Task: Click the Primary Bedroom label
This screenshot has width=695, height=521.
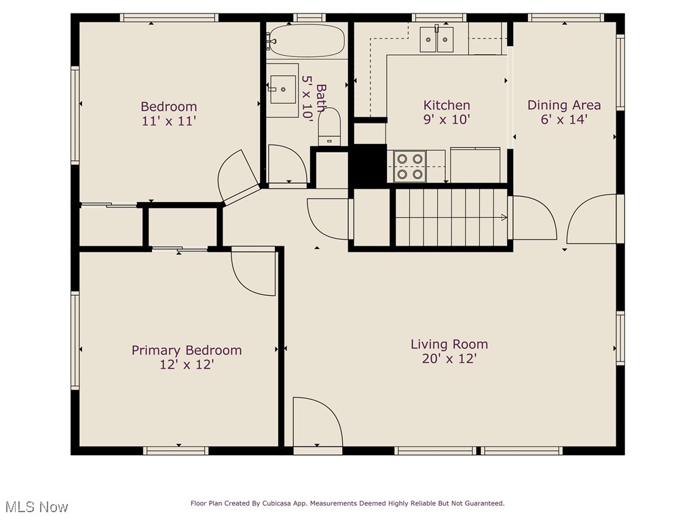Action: [x=187, y=350]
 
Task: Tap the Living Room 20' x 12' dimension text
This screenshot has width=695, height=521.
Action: [x=449, y=358]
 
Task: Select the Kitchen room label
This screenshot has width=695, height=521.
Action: [x=447, y=105]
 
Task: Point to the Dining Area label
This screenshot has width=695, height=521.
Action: [x=564, y=105]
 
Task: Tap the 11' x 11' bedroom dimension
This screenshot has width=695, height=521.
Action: [x=169, y=121]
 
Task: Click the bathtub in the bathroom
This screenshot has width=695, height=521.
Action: [x=307, y=40]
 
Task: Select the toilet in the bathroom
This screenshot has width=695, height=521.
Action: [x=329, y=126]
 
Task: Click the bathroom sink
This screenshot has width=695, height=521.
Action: [x=283, y=89]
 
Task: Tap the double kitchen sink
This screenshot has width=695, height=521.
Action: [x=436, y=39]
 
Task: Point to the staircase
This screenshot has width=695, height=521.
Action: [x=451, y=217]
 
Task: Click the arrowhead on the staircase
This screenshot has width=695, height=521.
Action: [x=504, y=217]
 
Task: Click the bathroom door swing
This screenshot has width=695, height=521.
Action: [x=287, y=164]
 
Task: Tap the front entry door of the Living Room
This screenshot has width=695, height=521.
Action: [x=318, y=422]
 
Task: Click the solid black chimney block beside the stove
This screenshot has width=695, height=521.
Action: [x=368, y=164]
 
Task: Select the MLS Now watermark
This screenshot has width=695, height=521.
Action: [x=37, y=507]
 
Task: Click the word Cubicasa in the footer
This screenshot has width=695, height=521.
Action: [x=276, y=503]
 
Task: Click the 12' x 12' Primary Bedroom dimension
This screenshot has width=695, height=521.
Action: [x=187, y=364]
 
